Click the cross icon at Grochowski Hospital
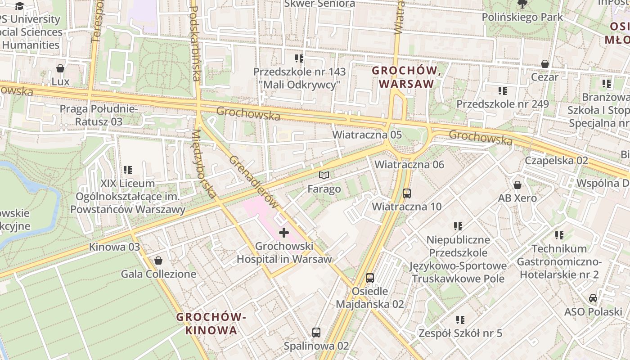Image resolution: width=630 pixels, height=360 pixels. (x=284, y=233)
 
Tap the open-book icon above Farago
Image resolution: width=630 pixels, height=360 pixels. (x=324, y=175)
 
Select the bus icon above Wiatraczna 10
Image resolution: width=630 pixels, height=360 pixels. (x=407, y=193)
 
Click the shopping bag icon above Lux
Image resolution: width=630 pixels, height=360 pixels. (x=60, y=68)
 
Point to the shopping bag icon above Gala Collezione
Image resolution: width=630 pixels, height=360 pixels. (x=158, y=261)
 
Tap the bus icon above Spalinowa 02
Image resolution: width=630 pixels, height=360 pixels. (x=316, y=333)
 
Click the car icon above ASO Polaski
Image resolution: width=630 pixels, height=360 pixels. (x=593, y=298)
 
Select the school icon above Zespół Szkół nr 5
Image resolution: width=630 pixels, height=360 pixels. (x=460, y=320)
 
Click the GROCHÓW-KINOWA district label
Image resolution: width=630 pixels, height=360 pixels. (x=211, y=324)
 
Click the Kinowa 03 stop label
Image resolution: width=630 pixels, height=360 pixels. (x=114, y=247)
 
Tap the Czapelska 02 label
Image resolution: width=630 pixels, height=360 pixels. (x=557, y=161)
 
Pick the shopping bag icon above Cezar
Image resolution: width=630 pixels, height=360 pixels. (x=545, y=64)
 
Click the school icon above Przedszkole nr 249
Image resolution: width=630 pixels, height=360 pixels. (x=503, y=91)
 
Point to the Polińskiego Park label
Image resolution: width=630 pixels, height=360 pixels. (x=522, y=17)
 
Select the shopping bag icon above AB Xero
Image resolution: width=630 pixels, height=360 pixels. (x=517, y=185)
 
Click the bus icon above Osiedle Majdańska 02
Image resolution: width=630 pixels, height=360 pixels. (x=370, y=278)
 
